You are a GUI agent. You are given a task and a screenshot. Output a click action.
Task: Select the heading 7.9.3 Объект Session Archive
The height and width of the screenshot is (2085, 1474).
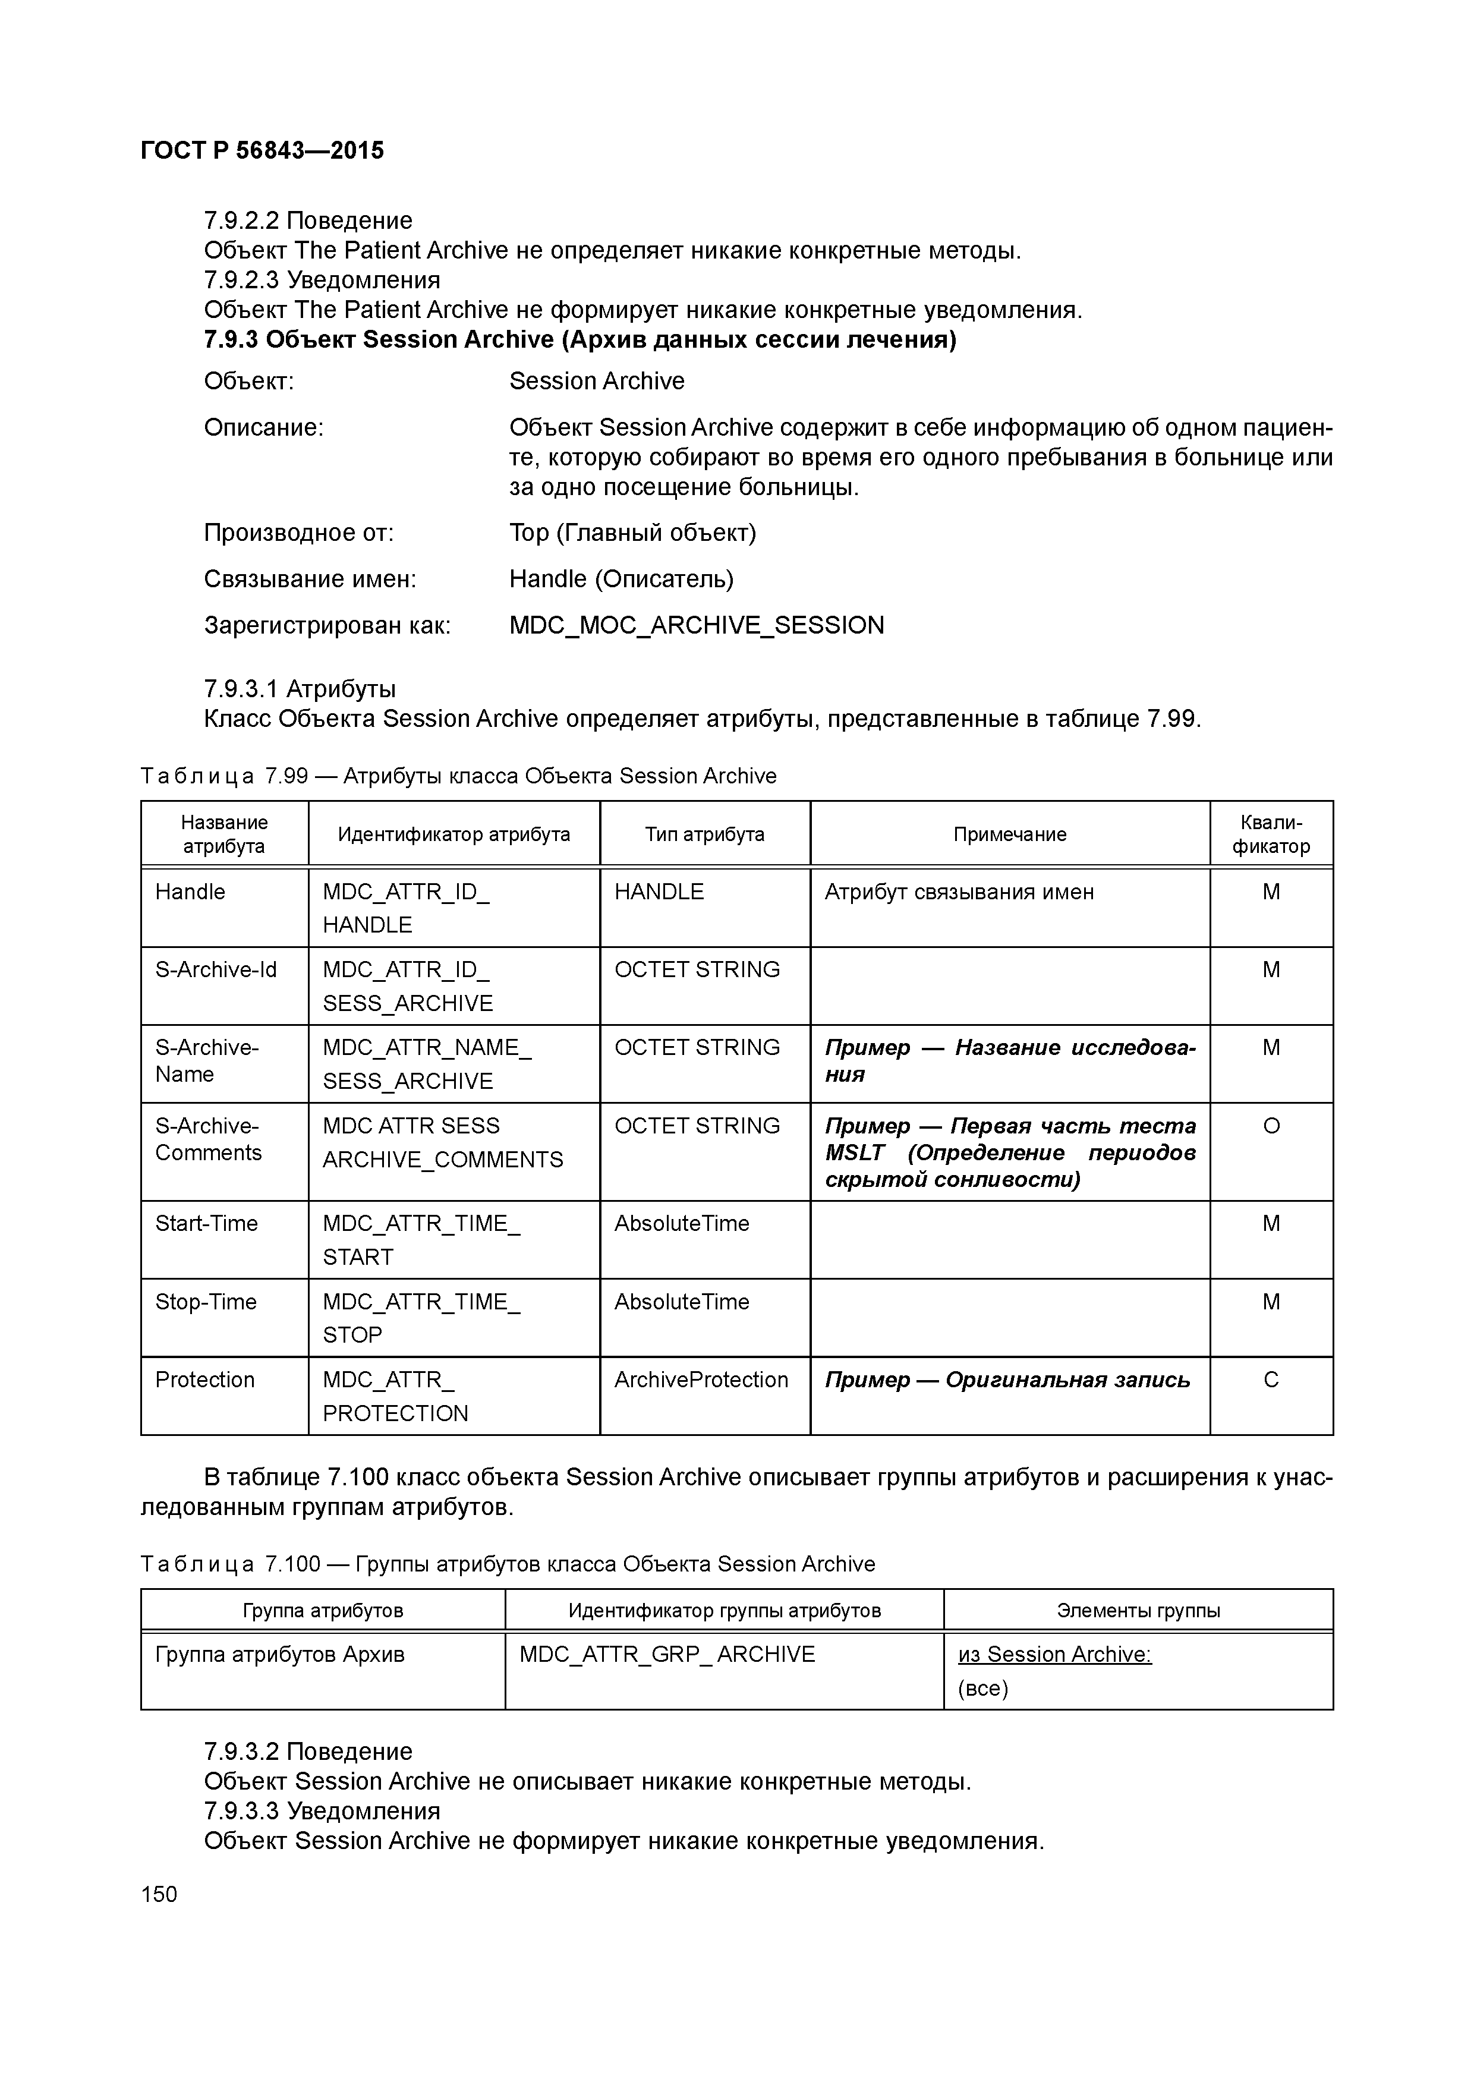(579, 339)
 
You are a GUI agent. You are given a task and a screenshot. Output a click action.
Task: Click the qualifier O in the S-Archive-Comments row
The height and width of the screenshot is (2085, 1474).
(1271, 1126)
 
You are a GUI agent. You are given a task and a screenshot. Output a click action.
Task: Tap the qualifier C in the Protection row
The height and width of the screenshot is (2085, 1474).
(1271, 1379)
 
